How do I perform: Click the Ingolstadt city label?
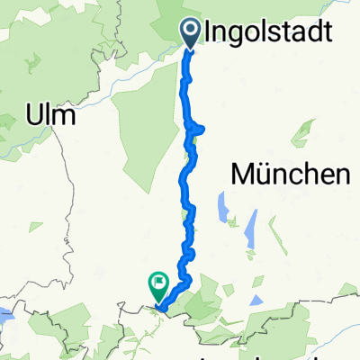(270, 34)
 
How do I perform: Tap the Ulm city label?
(50, 117)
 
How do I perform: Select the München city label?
(291, 175)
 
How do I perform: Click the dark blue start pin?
(193, 32)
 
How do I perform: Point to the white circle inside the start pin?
(193, 30)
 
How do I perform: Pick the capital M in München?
(244, 175)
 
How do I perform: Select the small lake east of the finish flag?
(256, 301)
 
